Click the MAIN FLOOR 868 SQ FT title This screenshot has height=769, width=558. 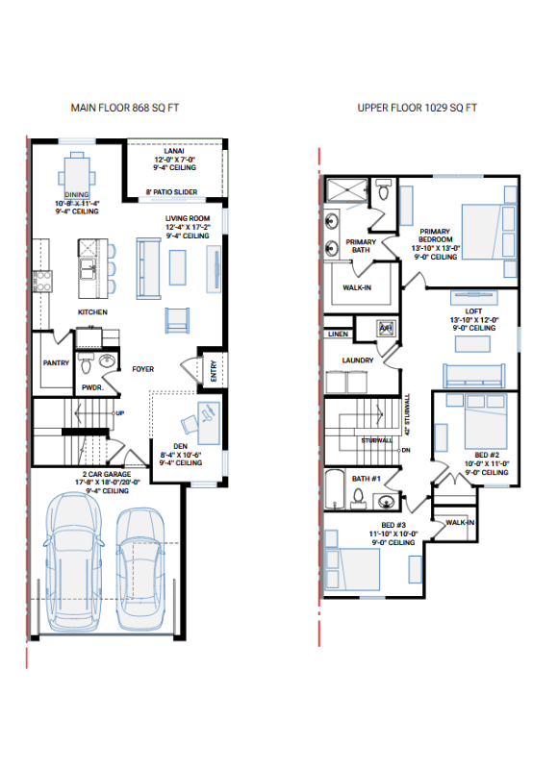coord(125,108)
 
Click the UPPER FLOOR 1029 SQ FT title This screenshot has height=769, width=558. coord(417,108)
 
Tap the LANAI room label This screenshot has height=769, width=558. coord(175,151)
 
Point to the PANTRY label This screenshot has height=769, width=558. coord(54,363)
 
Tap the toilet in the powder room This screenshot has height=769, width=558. coord(86,364)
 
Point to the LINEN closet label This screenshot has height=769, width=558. coord(338,335)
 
